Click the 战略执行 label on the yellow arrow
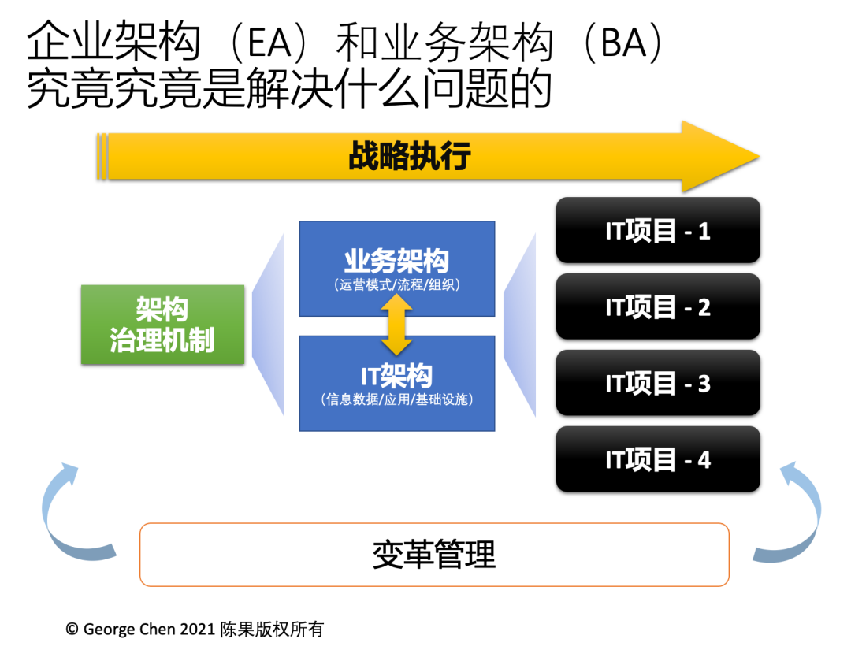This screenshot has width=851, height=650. [409, 156]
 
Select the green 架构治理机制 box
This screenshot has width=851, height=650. [162, 324]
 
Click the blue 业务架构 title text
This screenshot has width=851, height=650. [396, 261]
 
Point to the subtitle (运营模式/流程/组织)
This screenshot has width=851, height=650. [396, 285]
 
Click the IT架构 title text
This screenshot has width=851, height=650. [396, 376]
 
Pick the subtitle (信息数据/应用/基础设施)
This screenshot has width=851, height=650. [397, 399]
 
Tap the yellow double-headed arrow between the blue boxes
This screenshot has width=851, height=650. [397, 325]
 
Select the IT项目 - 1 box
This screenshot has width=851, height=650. [658, 231]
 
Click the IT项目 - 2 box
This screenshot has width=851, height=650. [658, 306]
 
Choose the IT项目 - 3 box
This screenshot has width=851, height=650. [658, 383]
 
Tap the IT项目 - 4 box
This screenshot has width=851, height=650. [658, 459]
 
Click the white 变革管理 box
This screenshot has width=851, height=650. [434, 555]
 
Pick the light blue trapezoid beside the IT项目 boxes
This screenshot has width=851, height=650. [522, 324]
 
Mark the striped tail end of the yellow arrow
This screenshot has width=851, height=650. [102, 156]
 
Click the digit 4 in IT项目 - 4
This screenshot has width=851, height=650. [704, 459]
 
